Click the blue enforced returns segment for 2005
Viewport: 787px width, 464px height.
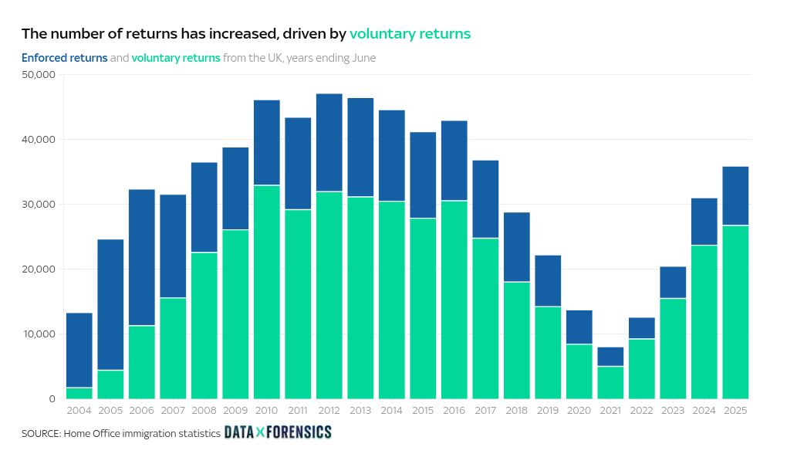tap(110, 304)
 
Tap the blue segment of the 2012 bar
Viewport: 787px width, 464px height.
tap(329, 142)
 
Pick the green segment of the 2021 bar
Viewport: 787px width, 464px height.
tap(610, 382)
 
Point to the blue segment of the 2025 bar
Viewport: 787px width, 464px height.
tap(735, 195)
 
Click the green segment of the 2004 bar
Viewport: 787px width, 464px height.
tap(79, 393)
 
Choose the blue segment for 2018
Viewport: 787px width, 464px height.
tap(517, 247)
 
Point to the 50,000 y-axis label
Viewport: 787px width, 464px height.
tap(39, 75)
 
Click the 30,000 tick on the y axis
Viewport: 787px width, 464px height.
tap(39, 205)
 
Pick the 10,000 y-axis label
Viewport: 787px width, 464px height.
tap(39, 334)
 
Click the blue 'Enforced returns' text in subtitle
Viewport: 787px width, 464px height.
tap(64, 58)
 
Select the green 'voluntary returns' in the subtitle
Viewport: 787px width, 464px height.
tap(176, 58)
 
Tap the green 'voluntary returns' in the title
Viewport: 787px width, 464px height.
tap(410, 33)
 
